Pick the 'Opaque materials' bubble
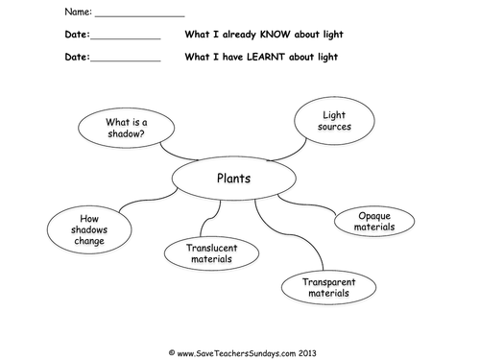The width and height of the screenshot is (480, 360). (x=373, y=222)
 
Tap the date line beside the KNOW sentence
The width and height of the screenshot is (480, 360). (x=125, y=38)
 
